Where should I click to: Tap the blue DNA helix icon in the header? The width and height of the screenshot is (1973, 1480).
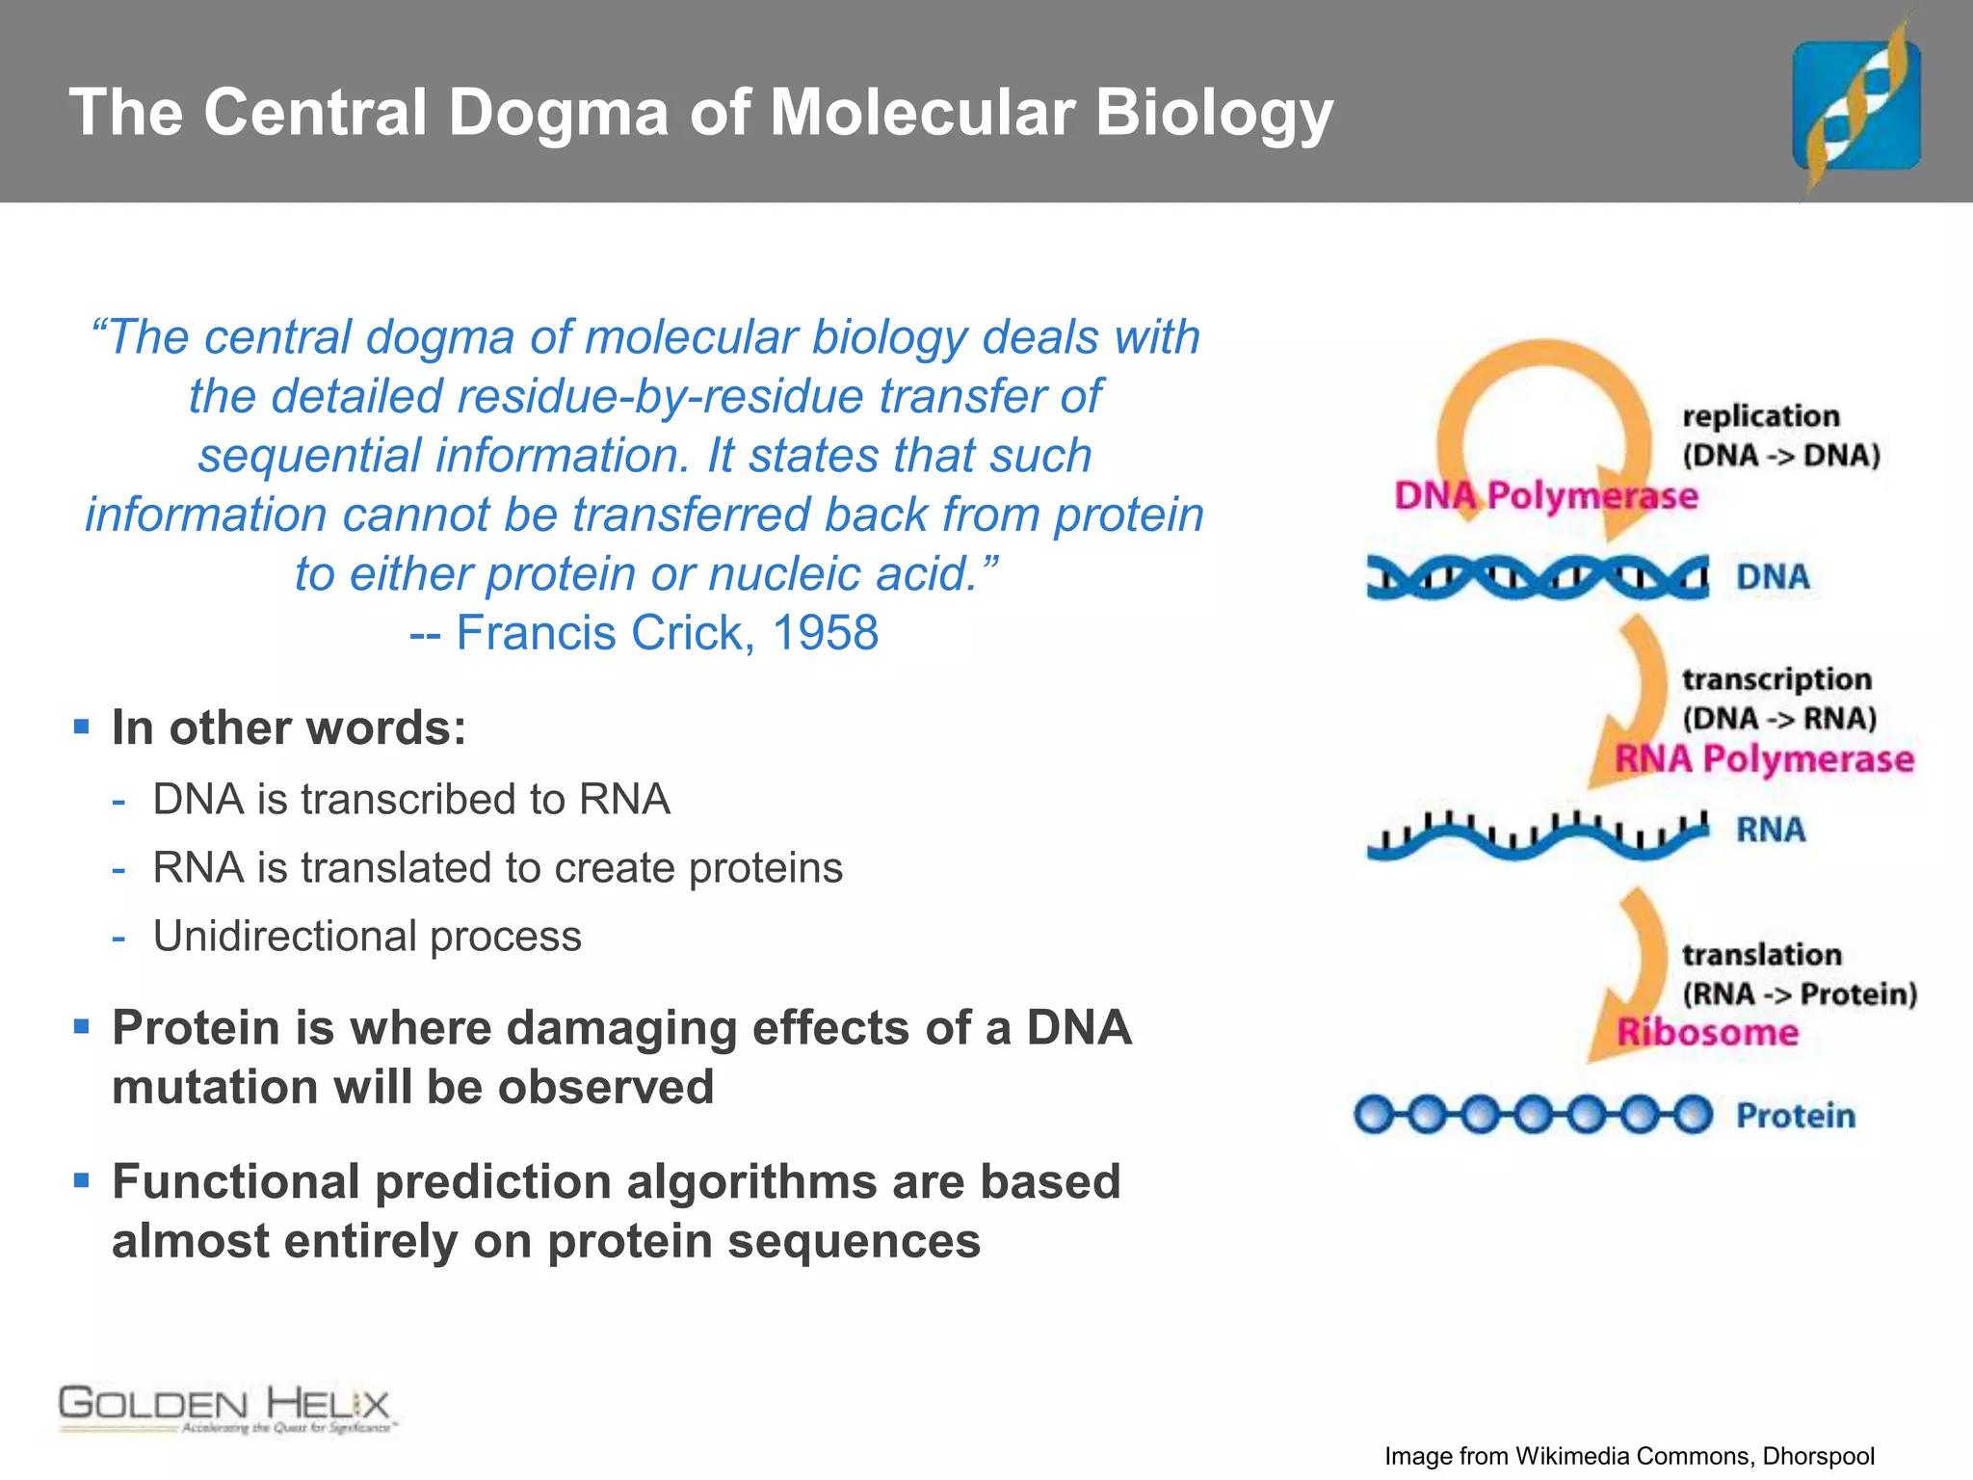[1856, 106]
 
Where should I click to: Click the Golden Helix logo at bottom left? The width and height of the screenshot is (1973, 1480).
[225, 1409]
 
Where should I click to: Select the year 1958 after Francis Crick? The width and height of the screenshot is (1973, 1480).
[825, 633]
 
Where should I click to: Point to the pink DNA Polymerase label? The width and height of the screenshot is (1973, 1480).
[1545, 495]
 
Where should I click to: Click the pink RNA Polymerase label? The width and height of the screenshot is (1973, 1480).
[1764, 758]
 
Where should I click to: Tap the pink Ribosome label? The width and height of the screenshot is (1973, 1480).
[1707, 1032]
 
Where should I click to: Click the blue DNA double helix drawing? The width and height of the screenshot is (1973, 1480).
[1537, 577]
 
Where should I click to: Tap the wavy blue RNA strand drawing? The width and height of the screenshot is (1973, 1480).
[1537, 834]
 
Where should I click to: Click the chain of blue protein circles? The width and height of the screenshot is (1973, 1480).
[1532, 1115]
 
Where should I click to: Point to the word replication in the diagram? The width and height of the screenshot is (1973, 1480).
[1760, 416]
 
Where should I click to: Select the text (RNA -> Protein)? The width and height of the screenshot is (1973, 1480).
[1800, 993]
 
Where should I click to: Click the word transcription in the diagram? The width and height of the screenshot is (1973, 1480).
[1776, 679]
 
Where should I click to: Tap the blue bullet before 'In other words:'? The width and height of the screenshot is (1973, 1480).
[82, 727]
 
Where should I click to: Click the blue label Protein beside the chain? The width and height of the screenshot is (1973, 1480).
[1795, 1116]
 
